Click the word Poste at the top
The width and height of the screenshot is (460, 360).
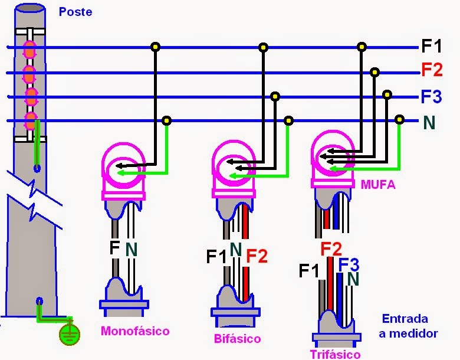tap(75, 12)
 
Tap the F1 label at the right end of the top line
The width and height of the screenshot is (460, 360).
tap(431, 46)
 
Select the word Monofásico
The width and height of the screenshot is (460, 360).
tap(135, 330)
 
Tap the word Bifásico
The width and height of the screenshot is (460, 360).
tap(238, 339)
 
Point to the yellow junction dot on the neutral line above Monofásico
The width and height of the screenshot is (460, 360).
tap(167, 120)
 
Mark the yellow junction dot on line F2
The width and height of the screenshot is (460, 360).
tap(374, 72)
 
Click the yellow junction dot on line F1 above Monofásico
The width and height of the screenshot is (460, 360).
tap(155, 47)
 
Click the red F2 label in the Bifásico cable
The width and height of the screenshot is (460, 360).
tap(257, 256)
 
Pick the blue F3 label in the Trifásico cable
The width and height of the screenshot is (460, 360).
tap(349, 265)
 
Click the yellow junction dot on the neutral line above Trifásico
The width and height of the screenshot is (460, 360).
tap(399, 120)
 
